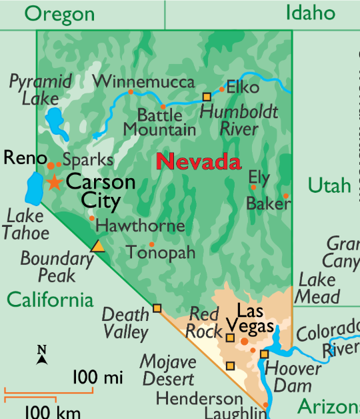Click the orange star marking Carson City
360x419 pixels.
pos(54,182)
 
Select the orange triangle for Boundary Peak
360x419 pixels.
pos(98,246)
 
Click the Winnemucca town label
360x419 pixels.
pos(143,81)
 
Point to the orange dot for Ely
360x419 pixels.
pos(253,187)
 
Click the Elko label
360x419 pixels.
pos(243,87)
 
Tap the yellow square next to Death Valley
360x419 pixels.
pos(157,308)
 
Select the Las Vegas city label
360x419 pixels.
pos(250,319)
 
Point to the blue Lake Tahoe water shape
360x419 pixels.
pos(33,188)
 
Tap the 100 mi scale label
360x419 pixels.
pos(98,378)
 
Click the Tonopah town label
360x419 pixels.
pos(161,253)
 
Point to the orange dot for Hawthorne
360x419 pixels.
pos(91,218)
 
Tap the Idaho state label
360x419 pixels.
pos(309,12)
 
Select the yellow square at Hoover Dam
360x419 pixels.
pos(264,354)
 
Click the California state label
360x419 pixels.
pos(50,300)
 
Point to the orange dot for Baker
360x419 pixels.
pos(286,196)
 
